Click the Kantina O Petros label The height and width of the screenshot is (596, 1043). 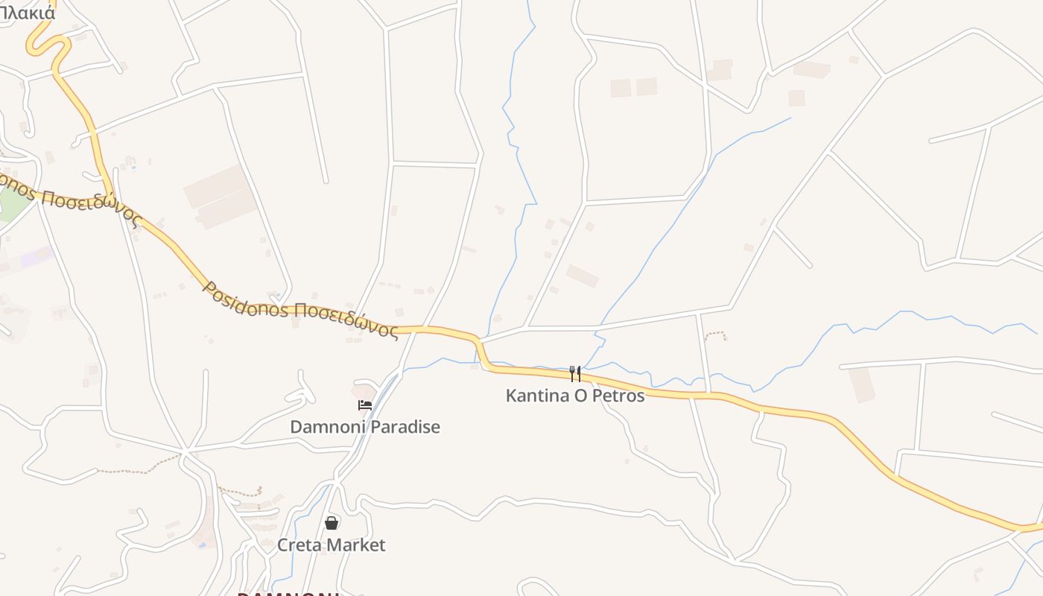pos(575,396)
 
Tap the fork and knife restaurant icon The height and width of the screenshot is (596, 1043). pos(574,373)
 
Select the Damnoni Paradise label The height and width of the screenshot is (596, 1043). pos(365,427)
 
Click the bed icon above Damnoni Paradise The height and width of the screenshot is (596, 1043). pos(365,405)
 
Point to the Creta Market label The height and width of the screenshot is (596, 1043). pos(332,545)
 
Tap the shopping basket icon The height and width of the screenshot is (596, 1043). pos(332,523)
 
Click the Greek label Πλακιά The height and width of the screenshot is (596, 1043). pos(28,12)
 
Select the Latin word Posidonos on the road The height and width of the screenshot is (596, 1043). pos(246,299)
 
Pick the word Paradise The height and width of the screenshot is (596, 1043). pos(405,427)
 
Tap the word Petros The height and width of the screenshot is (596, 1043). pos(619,396)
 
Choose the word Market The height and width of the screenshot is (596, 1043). pos(358,545)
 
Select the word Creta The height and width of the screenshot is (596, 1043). pos(302,545)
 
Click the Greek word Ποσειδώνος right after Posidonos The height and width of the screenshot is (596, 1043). pos(344,320)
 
